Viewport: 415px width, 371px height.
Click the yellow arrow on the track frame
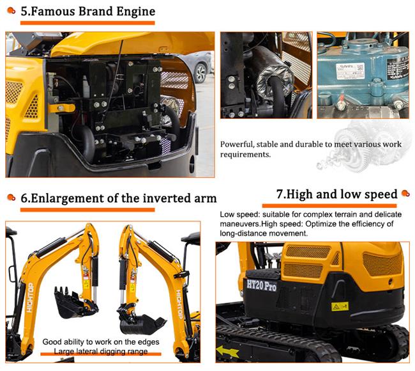[227, 351]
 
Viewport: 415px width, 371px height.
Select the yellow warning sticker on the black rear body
[340, 306]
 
